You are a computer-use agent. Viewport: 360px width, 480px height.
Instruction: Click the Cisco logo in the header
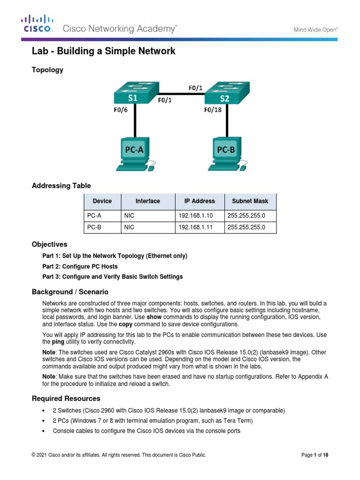point(38,24)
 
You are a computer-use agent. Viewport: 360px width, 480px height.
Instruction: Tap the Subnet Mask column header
point(250,201)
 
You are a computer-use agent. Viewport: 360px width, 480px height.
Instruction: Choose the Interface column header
point(148,201)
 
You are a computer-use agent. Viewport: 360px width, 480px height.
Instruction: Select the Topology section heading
point(47,70)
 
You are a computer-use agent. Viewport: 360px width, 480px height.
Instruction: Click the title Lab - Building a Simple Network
point(103,51)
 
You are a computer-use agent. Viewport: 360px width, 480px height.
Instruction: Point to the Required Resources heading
point(66,398)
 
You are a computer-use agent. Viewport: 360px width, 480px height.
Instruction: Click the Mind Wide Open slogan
point(316,29)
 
